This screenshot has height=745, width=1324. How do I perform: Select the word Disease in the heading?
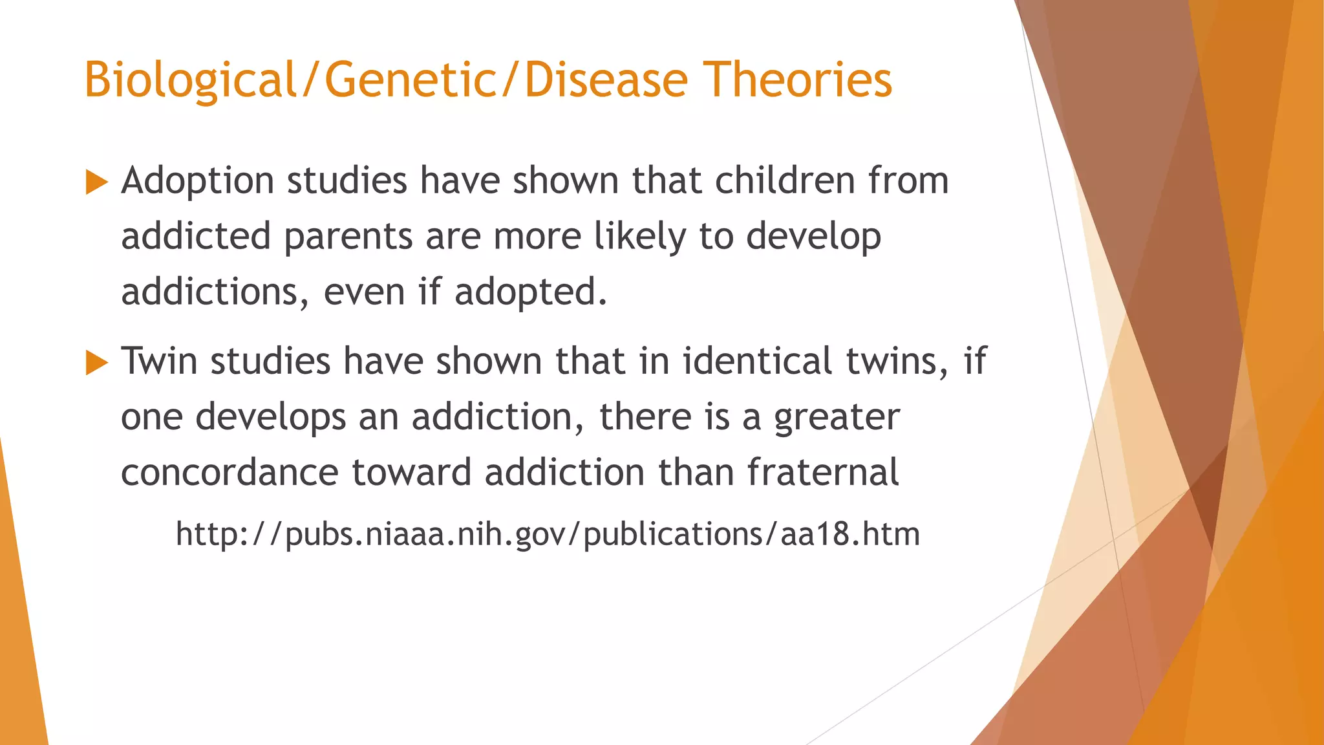(x=606, y=80)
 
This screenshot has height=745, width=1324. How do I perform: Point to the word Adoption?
(x=197, y=182)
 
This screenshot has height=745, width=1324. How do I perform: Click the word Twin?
(x=158, y=361)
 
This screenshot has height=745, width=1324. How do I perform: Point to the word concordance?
(x=230, y=473)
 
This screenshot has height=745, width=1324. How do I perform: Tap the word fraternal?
(x=822, y=472)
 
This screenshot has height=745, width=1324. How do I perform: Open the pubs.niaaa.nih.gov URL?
(x=548, y=535)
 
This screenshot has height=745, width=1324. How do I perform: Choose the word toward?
(x=411, y=472)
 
